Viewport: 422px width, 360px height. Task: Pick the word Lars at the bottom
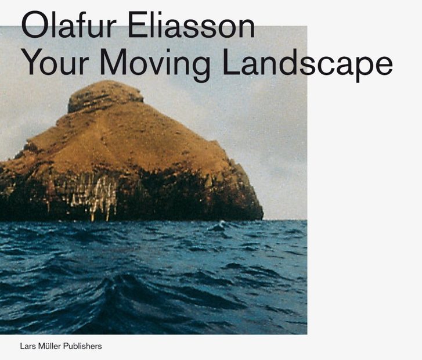[x=27, y=346]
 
